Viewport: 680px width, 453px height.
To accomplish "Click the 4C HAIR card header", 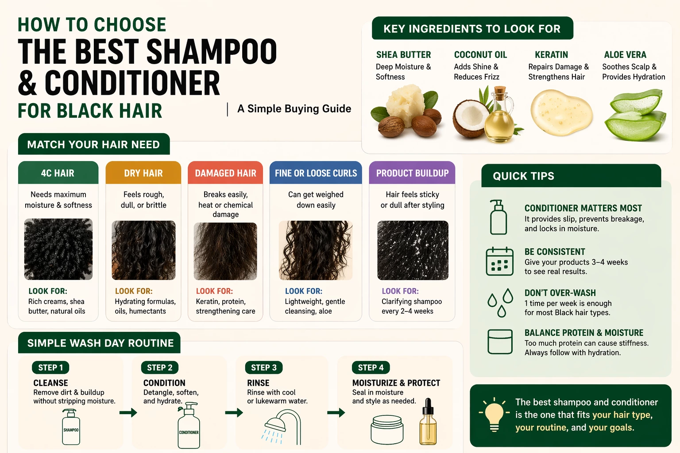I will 58,173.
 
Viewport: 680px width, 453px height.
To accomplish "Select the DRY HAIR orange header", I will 143,173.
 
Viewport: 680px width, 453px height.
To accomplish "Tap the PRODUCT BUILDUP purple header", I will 412,173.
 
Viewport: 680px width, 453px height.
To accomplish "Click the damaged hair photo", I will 225,251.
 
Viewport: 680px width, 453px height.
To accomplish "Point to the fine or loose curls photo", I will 316,250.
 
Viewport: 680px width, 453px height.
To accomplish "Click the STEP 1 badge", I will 50,368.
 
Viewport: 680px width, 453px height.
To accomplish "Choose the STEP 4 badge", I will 371,368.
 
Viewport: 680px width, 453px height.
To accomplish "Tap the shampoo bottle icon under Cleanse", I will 71,426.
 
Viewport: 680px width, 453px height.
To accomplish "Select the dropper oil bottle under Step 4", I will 427,422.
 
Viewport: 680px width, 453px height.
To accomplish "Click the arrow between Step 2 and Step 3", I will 234,413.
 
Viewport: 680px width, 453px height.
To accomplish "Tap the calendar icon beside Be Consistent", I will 499,261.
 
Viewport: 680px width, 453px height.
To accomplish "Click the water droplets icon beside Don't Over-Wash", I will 500,303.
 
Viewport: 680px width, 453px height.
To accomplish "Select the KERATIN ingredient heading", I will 551,55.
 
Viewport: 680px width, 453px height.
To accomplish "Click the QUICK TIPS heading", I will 523,176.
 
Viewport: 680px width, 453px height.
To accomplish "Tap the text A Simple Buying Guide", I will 294,109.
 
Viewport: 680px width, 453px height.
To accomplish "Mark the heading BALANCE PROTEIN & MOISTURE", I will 583,333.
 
